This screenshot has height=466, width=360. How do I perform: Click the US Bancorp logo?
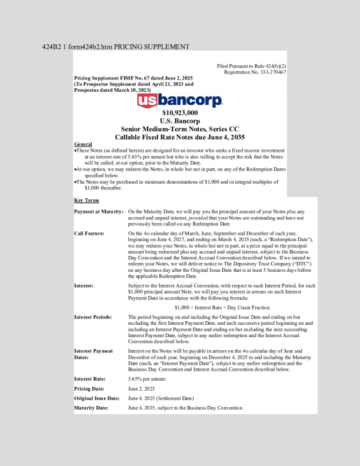point(180,101)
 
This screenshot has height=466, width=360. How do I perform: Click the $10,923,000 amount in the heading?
point(180,112)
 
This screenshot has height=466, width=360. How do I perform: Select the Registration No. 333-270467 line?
point(255,72)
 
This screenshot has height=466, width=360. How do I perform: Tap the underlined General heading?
point(83,144)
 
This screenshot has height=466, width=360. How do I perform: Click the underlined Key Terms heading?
point(86,201)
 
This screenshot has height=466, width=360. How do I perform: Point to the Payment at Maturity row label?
point(99,211)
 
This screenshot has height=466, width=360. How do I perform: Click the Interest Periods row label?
point(93,317)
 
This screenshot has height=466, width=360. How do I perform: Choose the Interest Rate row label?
point(90,379)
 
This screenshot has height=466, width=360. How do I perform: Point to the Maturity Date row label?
point(91,408)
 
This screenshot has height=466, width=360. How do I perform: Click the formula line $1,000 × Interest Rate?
point(222,307)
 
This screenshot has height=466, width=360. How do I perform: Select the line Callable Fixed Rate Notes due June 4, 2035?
point(180,137)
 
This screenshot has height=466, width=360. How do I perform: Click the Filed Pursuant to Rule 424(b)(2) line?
point(251,66)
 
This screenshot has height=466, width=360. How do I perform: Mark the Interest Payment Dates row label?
point(94,354)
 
